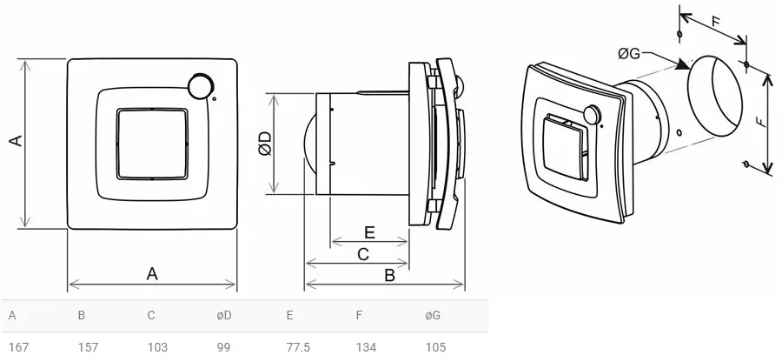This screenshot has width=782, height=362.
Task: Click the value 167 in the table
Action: (x=18, y=347)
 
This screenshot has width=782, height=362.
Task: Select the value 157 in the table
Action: (x=88, y=347)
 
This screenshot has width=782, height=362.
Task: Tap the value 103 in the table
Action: (x=157, y=347)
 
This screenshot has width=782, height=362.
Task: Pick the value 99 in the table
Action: (x=223, y=347)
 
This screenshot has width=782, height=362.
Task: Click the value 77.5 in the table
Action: (x=298, y=347)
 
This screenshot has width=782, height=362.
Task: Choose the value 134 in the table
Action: (x=366, y=347)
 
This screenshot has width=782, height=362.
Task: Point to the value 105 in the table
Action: (x=435, y=347)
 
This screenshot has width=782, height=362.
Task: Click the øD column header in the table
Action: (x=224, y=315)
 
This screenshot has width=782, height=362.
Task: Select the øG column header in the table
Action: (x=433, y=315)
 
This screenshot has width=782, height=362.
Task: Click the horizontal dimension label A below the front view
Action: (x=152, y=273)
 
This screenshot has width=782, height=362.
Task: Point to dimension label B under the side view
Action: (x=390, y=275)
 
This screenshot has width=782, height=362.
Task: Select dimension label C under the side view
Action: (x=364, y=254)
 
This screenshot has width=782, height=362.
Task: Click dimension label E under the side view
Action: (x=369, y=233)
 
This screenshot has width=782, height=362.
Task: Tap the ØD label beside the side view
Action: (x=264, y=144)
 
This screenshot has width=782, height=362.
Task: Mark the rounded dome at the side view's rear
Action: (x=307, y=144)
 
